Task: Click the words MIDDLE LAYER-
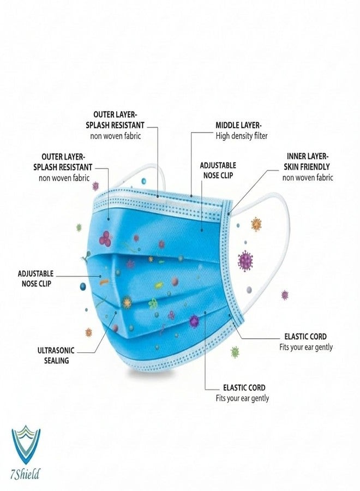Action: (238, 125)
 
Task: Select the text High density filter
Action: (242, 136)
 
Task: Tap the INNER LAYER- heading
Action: (307, 156)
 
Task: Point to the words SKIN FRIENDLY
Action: (307, 166)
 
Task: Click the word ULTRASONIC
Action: (56, 350)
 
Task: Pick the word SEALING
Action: (56, 361)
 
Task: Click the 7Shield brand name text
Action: (25, 474)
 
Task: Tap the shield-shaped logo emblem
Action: (26, 445)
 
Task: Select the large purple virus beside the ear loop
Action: (245, 261)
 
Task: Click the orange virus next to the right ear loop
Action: (256, 224)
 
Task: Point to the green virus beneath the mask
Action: (235, 352)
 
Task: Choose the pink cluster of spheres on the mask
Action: (105, 239)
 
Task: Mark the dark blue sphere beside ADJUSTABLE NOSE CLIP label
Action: (83, 286)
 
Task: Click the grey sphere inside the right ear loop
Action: (249, 290)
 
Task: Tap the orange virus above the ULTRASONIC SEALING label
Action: (88, 332)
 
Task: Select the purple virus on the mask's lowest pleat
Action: (194, 321)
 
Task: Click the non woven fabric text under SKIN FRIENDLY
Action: (308, 177)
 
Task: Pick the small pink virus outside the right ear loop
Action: (285, 295)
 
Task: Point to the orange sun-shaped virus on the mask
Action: (127, 302)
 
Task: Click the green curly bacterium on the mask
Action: (153, 303)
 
